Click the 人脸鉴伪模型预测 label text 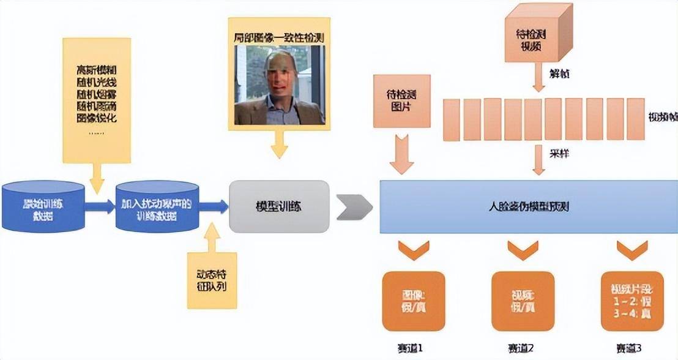[x=529, y=207]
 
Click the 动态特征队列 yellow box [x=211, y=280]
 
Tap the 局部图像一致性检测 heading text [x=279, y=38]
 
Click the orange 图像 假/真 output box [x=414, y=301]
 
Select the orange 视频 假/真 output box [x=523, y=301]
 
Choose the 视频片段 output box [x=632, y=301]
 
